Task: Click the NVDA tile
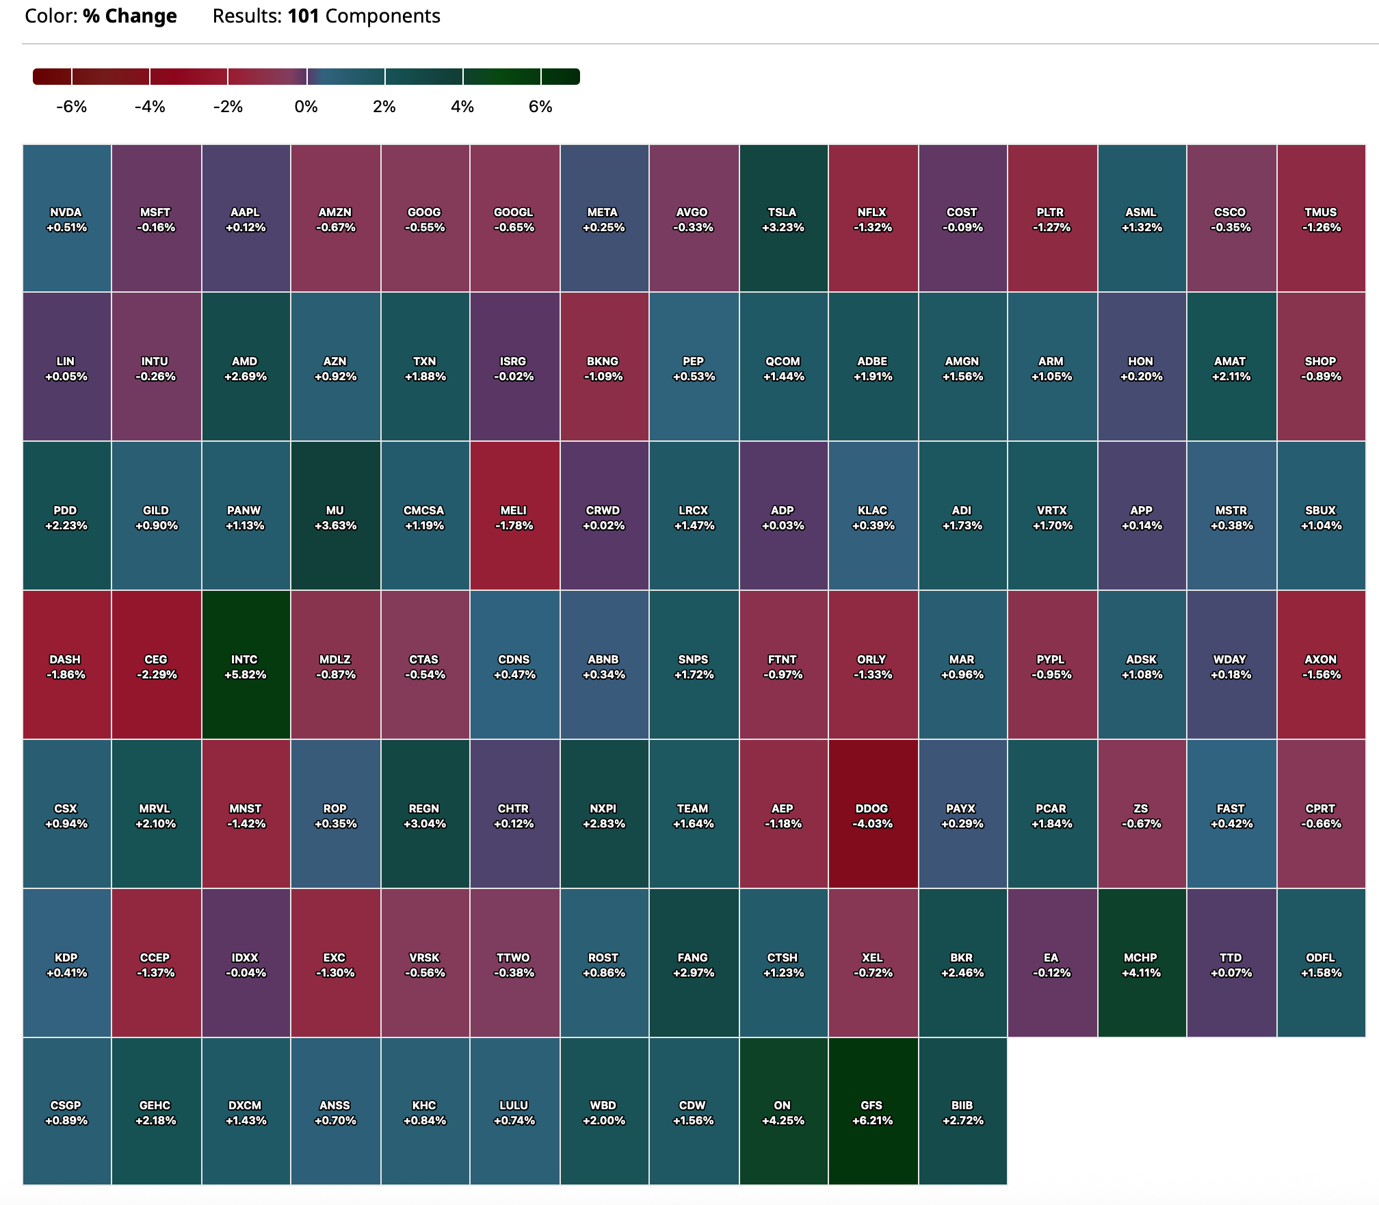(x=66, y=219)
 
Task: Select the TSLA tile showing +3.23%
(x=783, y=219)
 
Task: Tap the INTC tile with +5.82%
(x=246, y=666)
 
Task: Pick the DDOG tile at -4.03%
(x=873, y=815)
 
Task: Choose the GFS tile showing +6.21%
(x=873, y=1112)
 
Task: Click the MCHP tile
(x=1141, y=964)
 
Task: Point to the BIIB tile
(x=962, y=1112)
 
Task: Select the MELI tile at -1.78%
(x=514, y=517)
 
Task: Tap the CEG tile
(x=156, y=666)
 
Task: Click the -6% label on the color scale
(x=71, y=107)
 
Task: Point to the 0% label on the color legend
(x=306, y=107)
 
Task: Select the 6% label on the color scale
(x=540, y=107)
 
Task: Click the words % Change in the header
(x=130, y=16)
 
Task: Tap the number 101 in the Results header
(x=303, y=16)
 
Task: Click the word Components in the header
(x=382, y=16)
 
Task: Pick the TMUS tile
(x=1321, y=219)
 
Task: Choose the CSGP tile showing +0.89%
(x=66, y=1112)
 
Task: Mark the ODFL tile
(x=1321, y=964)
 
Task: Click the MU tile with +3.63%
(x=335, y=517)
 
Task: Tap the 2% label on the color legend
(x=384, y=107)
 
